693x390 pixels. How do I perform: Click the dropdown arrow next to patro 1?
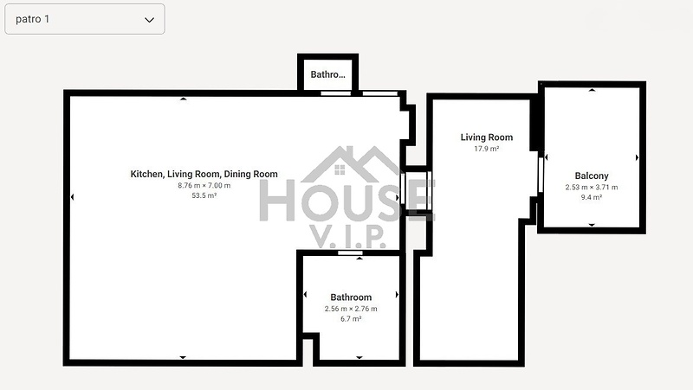149,20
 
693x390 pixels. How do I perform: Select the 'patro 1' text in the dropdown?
32,19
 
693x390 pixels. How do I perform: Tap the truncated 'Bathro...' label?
328,74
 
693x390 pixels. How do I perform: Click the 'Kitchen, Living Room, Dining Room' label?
204,174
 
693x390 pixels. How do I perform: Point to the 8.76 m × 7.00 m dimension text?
204,185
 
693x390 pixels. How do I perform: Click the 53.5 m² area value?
204,195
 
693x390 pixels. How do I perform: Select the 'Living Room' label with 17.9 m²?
487,137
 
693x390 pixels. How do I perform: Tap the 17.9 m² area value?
487,149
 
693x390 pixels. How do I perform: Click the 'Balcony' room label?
592,176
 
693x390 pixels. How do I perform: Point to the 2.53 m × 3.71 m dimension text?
592,187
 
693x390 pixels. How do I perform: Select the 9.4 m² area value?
592,197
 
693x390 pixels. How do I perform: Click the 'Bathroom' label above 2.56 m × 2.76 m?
351,297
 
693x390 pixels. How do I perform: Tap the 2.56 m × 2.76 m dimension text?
351,309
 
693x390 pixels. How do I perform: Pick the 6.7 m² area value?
351,318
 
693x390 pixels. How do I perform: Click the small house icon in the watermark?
340,169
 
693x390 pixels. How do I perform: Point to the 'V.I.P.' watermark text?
347,236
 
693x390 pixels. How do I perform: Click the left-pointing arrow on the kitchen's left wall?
72,197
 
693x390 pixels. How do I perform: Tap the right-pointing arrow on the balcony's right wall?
637,157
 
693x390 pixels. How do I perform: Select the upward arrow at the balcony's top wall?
592,90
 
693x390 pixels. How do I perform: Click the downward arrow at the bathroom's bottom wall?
359,357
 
